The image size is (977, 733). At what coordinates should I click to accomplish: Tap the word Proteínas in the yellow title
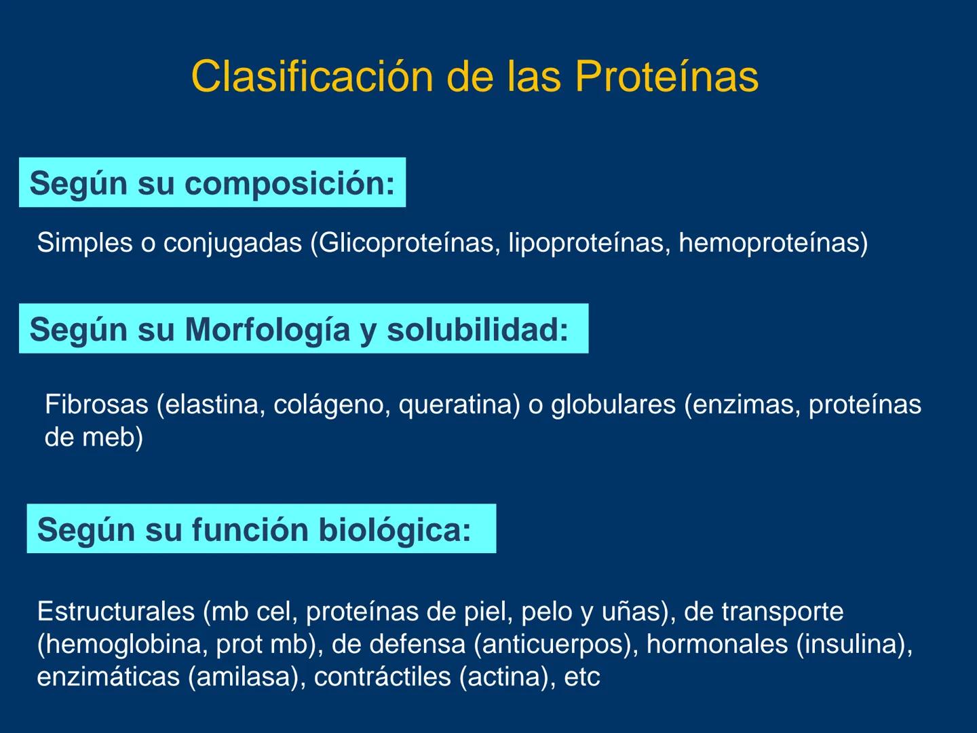pos(666,76)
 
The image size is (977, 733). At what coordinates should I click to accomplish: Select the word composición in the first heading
pos(289,183)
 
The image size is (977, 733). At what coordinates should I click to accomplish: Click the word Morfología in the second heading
pos(268,330)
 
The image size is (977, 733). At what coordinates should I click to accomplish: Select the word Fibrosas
pos(96,405)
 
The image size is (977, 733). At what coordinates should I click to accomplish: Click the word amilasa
pos(242,677)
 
